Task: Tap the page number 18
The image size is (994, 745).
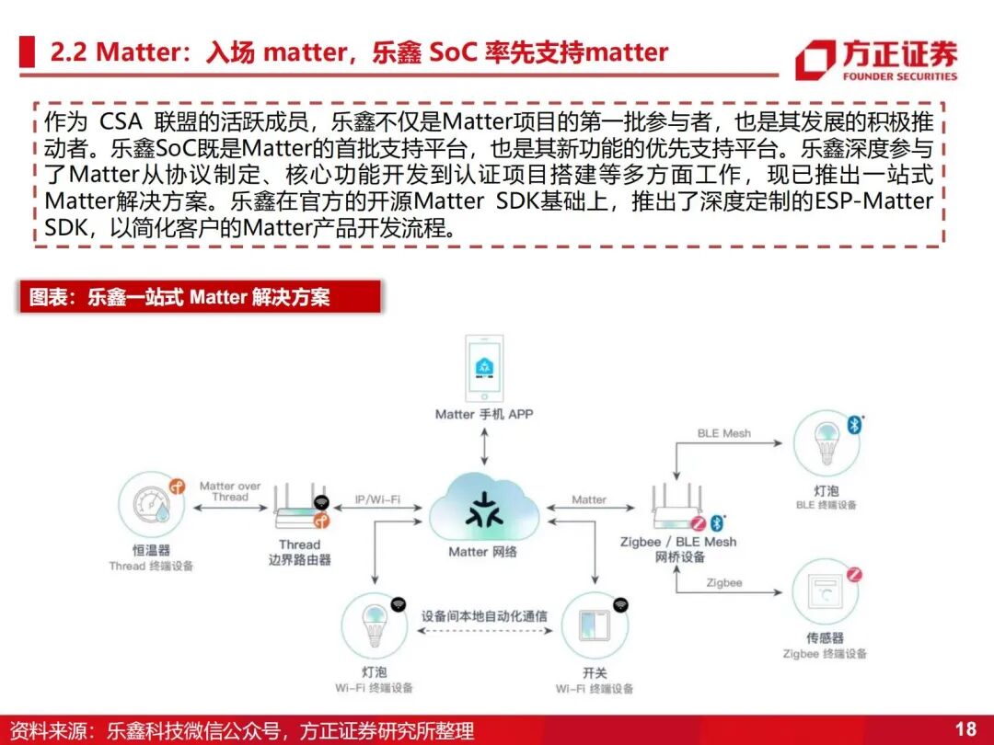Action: click(965, 729)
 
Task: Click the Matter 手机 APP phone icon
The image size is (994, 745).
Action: click(484, 369)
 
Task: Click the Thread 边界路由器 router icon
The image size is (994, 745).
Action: click(300, 511)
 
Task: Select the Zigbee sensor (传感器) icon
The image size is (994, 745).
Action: click(826, 591)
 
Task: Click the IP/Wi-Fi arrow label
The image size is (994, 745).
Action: click(377, 499)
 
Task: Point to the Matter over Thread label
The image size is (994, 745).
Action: click(230, 491)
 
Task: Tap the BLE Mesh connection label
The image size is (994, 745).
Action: click(723, 432)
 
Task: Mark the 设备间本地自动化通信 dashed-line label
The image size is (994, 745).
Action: click(483, 615)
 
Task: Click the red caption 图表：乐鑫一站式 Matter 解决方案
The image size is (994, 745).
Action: click(179, 297)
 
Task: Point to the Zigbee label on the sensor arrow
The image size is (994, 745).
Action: click(724, 583)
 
